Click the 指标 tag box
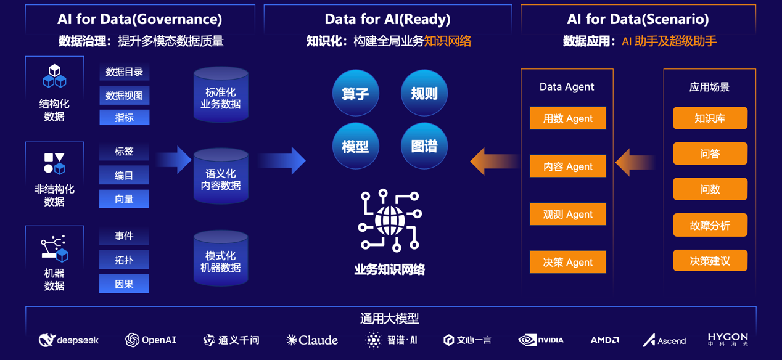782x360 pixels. point(125,117)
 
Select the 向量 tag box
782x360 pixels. point(125,199)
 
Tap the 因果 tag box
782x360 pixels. point(125,284)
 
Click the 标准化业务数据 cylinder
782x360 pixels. point(221,94)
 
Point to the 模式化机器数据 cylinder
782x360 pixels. point(221,258)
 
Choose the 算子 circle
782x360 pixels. point(355,93)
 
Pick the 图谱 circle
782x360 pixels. point(424,146)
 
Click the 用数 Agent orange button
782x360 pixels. point(567,118)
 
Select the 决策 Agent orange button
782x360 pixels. point(567,262)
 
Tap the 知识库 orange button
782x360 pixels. point(710,118)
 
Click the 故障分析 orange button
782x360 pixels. point(710,225)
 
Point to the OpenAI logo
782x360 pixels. point(151,340)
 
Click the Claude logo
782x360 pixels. point(312,340)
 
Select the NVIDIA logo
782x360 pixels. point(541,340)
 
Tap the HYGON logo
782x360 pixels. point(728,340)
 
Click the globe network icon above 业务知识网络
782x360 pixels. point(390,221)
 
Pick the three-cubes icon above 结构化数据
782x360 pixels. point(54,76)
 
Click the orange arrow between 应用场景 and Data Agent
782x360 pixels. point(635,162)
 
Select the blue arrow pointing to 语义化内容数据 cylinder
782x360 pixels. point(173,160)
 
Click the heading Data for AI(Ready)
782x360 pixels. point(387,19)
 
